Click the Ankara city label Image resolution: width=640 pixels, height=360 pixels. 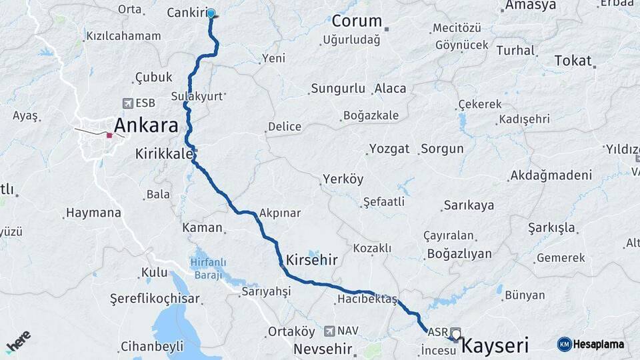pos(146,125)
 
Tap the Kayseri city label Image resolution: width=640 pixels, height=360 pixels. pos(495,345)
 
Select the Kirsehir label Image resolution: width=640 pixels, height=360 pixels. pos(311,259)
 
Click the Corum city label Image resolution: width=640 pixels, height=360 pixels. pos(357,21)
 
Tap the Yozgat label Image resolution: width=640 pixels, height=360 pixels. pos(389,149)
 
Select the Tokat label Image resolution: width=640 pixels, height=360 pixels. pos(573,61)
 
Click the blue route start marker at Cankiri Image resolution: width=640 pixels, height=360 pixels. pos(211,13)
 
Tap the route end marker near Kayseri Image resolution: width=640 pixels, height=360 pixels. pos(456,333)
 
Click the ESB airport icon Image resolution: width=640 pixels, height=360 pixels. pos(128,103)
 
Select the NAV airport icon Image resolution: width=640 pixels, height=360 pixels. pos(329,331)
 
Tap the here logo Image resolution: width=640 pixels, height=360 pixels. pos(18,343)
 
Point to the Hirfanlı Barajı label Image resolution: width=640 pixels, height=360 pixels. pos(208,267)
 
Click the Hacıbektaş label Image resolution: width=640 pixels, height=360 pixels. pos(367,299)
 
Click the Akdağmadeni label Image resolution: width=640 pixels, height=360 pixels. pos(550,175)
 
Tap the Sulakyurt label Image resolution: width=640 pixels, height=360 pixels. pos(197,96)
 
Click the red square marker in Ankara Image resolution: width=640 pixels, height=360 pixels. pos(109,135)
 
